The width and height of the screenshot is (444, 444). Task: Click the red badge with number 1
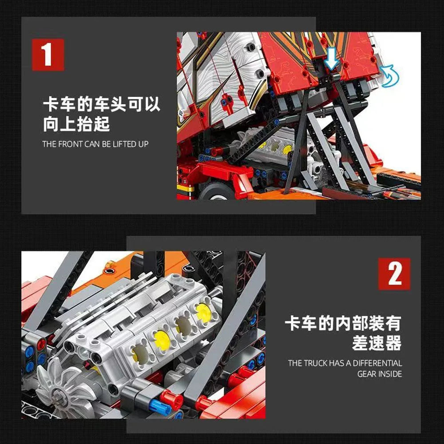(x=48, y=55)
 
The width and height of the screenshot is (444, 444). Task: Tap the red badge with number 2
(x=394, y=274)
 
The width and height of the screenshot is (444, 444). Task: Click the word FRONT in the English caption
(x=70, y=144)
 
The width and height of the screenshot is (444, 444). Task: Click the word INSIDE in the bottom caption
(x=391, y=374)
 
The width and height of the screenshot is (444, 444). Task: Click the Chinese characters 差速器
(x=377, y=343)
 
